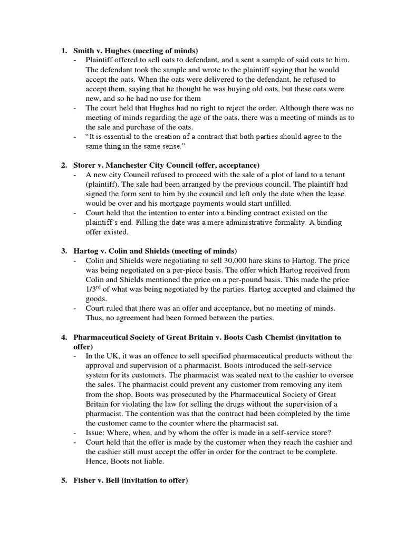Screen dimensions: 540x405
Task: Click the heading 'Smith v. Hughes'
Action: pos(102,51)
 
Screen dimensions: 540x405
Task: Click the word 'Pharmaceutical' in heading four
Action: pos(100,337)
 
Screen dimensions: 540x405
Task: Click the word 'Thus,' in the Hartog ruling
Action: pos(95,318)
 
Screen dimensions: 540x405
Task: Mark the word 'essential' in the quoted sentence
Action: pos(115,137)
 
